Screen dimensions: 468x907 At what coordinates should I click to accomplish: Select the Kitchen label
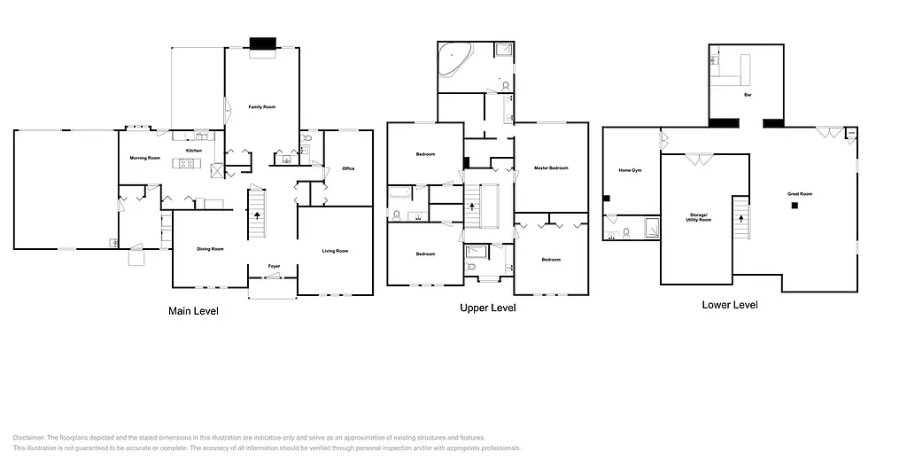194,151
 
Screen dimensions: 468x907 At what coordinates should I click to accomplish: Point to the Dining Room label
210,249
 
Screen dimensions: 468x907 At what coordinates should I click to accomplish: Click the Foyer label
275,266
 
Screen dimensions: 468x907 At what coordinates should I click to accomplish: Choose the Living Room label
335,251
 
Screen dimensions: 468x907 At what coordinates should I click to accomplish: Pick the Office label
348,168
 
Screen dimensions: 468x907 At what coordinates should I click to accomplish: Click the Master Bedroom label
551,168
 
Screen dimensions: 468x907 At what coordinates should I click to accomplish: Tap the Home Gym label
630,170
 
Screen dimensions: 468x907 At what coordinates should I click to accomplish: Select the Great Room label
800,193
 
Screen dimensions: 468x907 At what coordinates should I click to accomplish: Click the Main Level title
193,311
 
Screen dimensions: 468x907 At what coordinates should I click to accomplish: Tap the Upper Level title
487,308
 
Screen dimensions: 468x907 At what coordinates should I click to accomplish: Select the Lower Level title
730,305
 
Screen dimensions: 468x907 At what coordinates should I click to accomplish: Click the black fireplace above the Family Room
263,43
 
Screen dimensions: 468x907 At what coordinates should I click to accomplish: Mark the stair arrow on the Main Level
258,214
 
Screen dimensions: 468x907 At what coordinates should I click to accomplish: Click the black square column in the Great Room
795,206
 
